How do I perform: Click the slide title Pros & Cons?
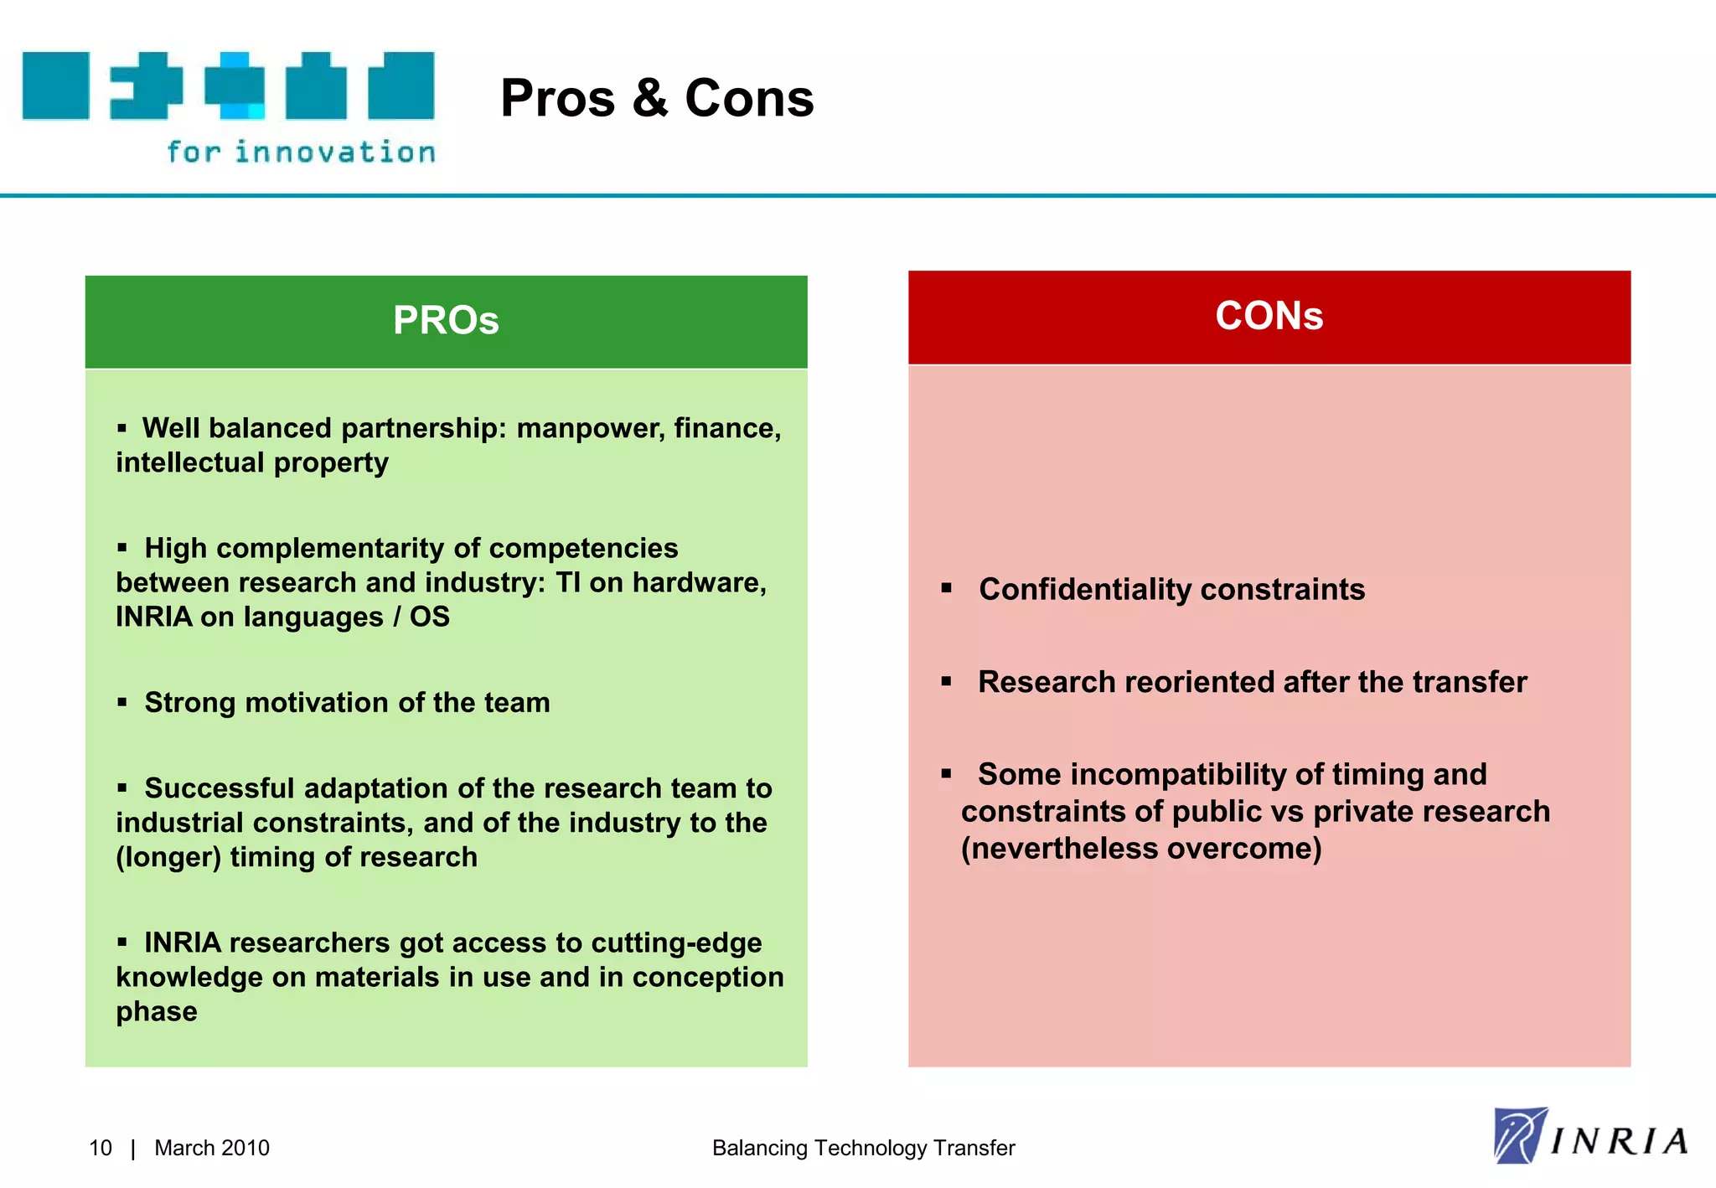[656, 98]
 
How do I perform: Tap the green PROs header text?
[446, 320]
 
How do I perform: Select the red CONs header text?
[1269, 316]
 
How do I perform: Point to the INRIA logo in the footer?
[1589, 1137]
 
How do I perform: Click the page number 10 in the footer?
[100, 1148]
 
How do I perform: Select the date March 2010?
[212, 1148]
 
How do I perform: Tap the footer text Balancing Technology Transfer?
[863, 1148]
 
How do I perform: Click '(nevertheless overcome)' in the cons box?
[1141, 849]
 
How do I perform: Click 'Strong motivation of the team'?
[347, 702]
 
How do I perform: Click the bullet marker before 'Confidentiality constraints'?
[946, 588]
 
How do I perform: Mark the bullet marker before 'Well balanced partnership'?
[122, 428]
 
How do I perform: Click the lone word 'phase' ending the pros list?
[157, 1012]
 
